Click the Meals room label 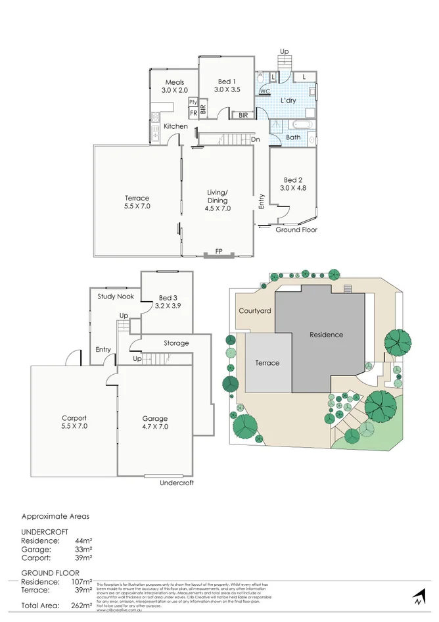click(x=174, y=82)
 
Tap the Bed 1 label click(x=226, y=82)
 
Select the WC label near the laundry click(x=266, y=91)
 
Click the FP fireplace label click(x=218, y=252)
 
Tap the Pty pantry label click(x=193, y=102)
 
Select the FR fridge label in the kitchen click(x=193, y=112)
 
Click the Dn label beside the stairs click(x=256, y=139)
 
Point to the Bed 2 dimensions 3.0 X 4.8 click(x=292, y=188)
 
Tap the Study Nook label click(x=116, y=297)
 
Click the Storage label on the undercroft click(x=176, y=343)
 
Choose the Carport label click(x=74, y=418)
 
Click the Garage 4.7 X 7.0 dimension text click(x=155, y=427)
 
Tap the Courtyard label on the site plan click(x=254, y=311)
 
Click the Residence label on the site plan click(x=327, y=335)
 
